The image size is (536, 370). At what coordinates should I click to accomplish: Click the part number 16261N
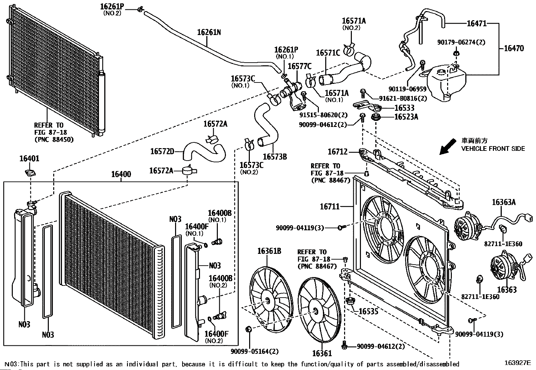(x=209, y=32)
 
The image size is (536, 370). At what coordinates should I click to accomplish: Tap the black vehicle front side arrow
(x=448, y=146)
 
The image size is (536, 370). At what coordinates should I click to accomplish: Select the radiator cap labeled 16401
(x=30, y=172)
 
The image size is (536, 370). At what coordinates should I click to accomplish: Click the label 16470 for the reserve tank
(x=514, y=48)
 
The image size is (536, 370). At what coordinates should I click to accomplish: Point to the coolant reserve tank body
(x=446, y=82)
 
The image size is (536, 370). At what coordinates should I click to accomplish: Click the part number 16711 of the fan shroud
(x=330, y=206)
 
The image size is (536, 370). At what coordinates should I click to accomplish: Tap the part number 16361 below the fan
(x=322, y=353)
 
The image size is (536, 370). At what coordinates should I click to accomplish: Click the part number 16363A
(x=504, y=202)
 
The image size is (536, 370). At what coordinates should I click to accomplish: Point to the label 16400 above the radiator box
(x=121, y=174)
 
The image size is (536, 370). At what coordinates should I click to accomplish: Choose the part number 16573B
(x=275, y=157)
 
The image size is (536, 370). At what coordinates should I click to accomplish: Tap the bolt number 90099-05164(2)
(x=255, y=351)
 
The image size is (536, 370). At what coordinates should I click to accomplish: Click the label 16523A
(x=406, y=117)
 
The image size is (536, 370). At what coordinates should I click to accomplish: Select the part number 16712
(x=337, y=152)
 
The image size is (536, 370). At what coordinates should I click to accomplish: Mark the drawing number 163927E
(x=517, y=363)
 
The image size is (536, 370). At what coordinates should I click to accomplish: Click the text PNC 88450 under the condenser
(x=54, y=139)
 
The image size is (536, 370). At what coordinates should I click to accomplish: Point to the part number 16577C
(x=300, y=66)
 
